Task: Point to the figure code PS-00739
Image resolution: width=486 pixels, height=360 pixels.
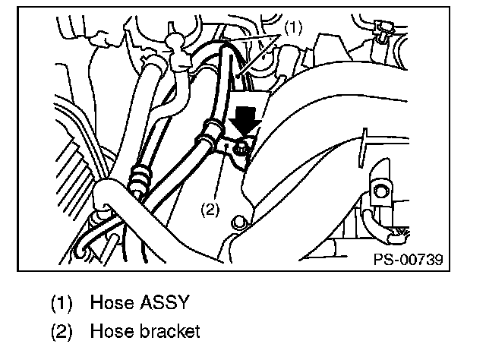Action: coord(406,258)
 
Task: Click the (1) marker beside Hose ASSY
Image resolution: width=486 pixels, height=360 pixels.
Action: coord(61,302)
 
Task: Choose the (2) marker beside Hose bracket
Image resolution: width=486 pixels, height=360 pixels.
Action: coord(61,333)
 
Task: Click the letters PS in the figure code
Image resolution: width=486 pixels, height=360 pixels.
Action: coord(382,258)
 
